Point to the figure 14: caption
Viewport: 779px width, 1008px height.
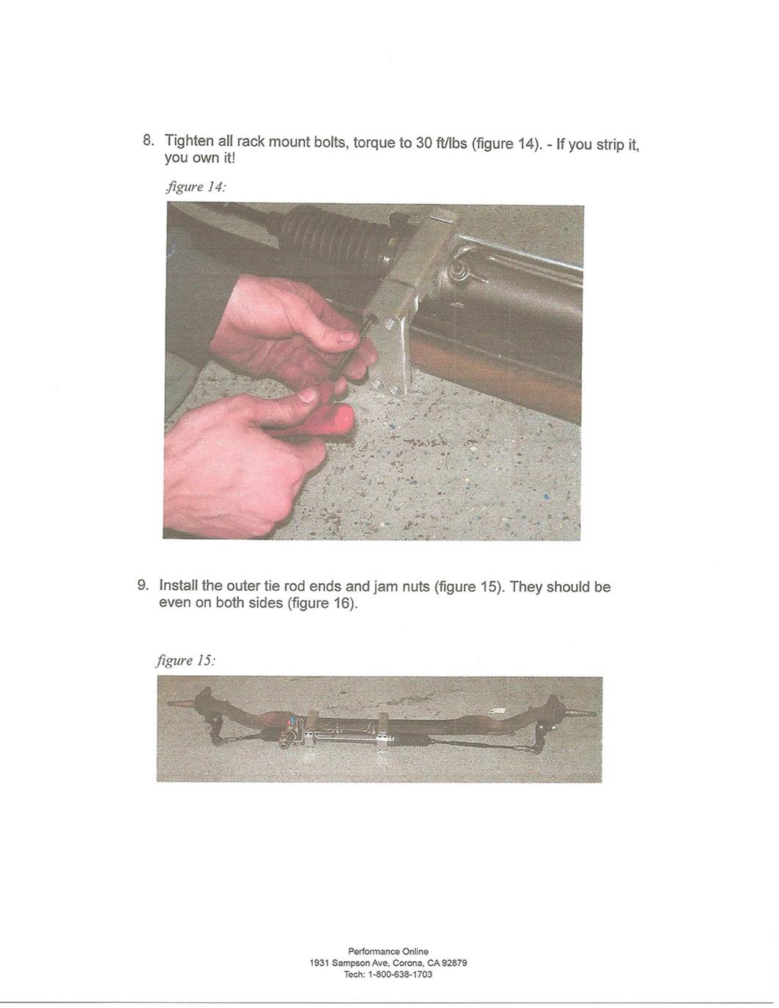click(x=196, y=187)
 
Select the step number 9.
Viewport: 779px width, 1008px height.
click(x=143, y=585)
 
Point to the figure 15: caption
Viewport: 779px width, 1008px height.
click(x=185, y=661)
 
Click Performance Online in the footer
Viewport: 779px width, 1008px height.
click(x=388, y=952)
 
